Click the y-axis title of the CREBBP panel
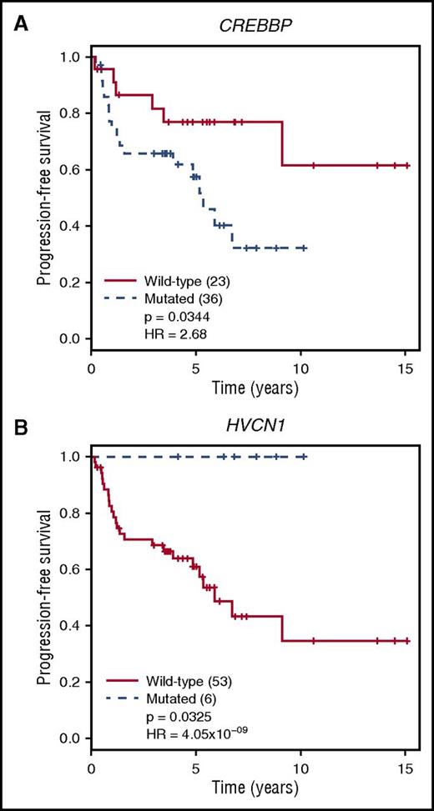43,198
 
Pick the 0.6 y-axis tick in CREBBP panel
73,170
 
